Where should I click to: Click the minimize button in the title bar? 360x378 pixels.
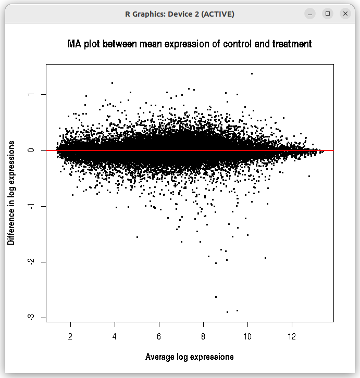click(310, 14)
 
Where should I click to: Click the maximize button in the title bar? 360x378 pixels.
click(328, 14)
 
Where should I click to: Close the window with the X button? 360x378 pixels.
click(345, 14)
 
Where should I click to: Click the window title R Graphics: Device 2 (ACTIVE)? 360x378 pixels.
click(180, 14)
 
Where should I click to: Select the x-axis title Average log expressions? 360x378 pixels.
click(189, 357)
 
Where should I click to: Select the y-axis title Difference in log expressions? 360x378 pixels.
click(11, 193)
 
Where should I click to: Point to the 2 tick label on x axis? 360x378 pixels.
click(70, 336)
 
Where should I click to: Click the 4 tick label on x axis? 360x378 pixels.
click(115, 336)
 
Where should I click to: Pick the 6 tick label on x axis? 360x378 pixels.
click(159, 336)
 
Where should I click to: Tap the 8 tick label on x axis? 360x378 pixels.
click(204, 336)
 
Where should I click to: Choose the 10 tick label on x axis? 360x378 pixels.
click(248, 336)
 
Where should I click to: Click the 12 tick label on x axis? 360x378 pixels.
click(292, 336)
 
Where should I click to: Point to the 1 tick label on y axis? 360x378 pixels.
click(32, 94)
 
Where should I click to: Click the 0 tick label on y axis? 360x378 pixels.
click(32, 150)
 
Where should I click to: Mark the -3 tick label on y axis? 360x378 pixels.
click(32, 317)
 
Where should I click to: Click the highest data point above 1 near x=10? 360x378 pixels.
click(252, 73)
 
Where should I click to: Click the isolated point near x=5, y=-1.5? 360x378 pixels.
click(137, 237)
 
